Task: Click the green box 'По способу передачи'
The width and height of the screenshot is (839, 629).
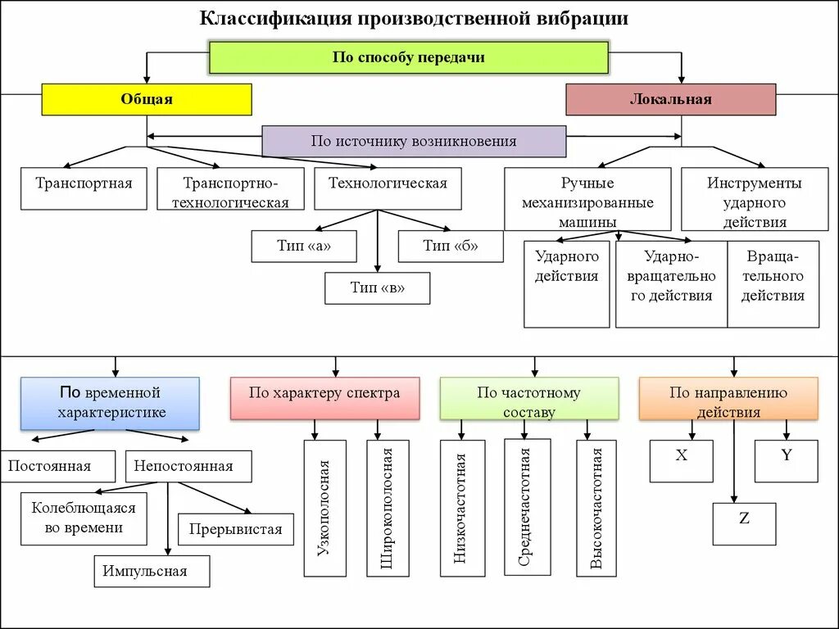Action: (408, 57)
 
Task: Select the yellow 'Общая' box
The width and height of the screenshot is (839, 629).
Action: (147, 99)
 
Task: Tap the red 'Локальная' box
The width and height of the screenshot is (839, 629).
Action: (670, 99)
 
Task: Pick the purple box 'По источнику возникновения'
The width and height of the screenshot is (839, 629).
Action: (414, 141)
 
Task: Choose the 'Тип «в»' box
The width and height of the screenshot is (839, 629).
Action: (377, 287)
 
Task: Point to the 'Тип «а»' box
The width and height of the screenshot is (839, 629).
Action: (303, 246)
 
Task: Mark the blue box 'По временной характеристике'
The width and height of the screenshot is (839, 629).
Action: (110, 403)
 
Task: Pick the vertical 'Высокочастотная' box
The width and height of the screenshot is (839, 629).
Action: (596, 508)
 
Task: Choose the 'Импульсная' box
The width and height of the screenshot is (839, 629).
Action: (152, 571)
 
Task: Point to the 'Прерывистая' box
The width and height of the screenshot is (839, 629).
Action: (235, 529)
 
